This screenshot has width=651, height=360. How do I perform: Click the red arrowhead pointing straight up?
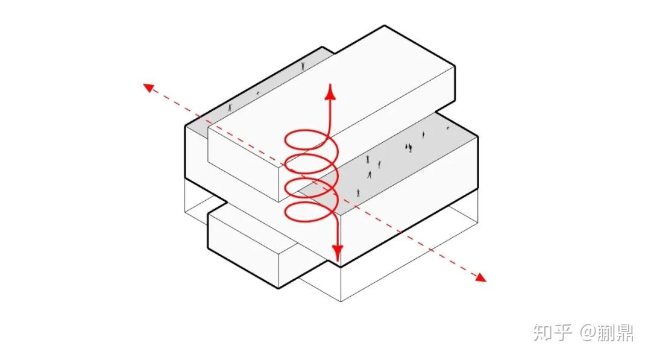(330, 90)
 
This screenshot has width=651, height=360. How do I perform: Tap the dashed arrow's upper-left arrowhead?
(147, 87)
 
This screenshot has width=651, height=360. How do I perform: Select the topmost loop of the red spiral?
(307, 141)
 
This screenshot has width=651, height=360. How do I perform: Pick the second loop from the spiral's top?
(311, 165)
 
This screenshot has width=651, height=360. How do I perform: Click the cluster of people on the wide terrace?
(409, 147)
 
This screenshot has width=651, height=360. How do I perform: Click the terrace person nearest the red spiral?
(358, 193)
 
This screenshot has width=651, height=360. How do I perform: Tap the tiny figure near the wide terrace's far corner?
(448, 128)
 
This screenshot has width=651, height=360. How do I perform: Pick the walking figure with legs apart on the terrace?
(370, 174)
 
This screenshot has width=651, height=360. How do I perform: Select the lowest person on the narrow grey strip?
(230, 107)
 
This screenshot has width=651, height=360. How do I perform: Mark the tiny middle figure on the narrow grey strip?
(258, 93)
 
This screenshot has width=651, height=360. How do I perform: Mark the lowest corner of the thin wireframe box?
(341, 302)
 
